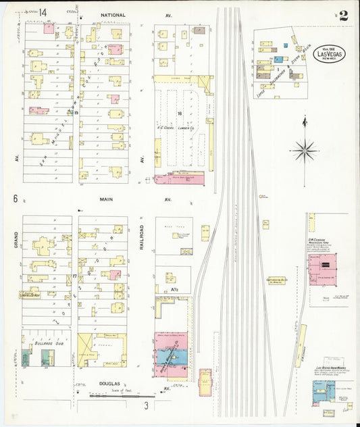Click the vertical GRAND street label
coord(14,239)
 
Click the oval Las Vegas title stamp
coord(328,55)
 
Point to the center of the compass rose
coord(305,149)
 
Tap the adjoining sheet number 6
coord(14,199)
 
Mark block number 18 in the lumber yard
coord(180,114)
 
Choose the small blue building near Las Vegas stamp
coord(286,46)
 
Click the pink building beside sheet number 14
coord(49,28)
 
